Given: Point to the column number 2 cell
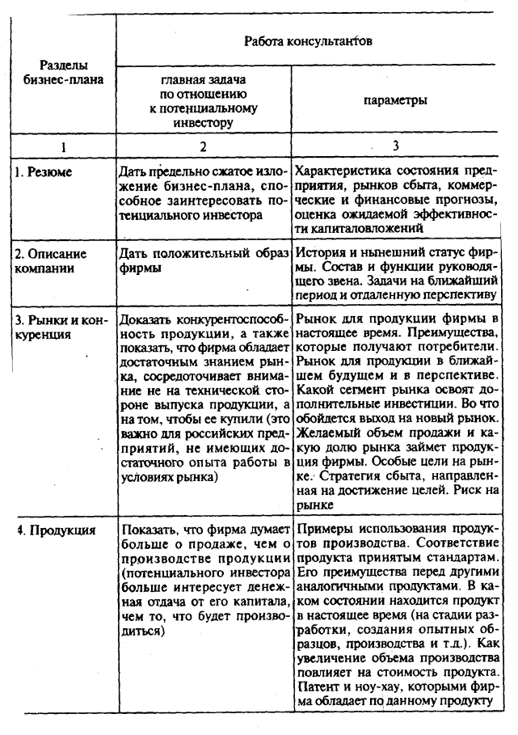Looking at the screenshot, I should click(203, 146).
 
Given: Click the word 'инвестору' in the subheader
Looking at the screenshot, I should click(202, 122).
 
